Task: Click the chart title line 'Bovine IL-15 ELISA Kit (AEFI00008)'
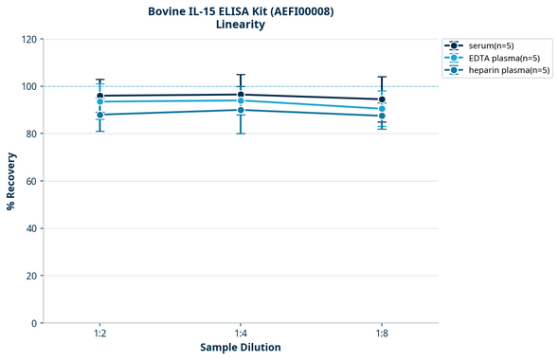pyautogui.click(x=241, y=11)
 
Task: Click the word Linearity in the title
pyautogui.click(x=241, y=26)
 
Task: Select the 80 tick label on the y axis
pyautogui.click(x=31, y=134)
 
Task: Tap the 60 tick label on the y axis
pyautogui.click(x=31, y=181)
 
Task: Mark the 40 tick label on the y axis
pyautogui.click(x=31, y=228)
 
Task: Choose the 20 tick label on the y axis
pyautogui.click(x=31, y=276)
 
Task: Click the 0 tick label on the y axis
pyautogui.click(x=34, y=323)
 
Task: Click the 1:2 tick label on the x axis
pyautogui.click(x=99, y=334)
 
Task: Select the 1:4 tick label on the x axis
pyautogui.click(x=241, y=334)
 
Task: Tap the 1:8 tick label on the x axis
pyautogui.click(x=382, y=334)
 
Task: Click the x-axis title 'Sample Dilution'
pyautogui.click(x=241, y=348)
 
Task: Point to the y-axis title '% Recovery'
pyautogui.click(x=11, y=181)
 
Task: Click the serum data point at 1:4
pyautogui.click(x=241, y=95)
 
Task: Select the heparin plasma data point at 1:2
pyautogui.click(x=99, y=115)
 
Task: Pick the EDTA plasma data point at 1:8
pyautogui.click(x=382, y=109)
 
